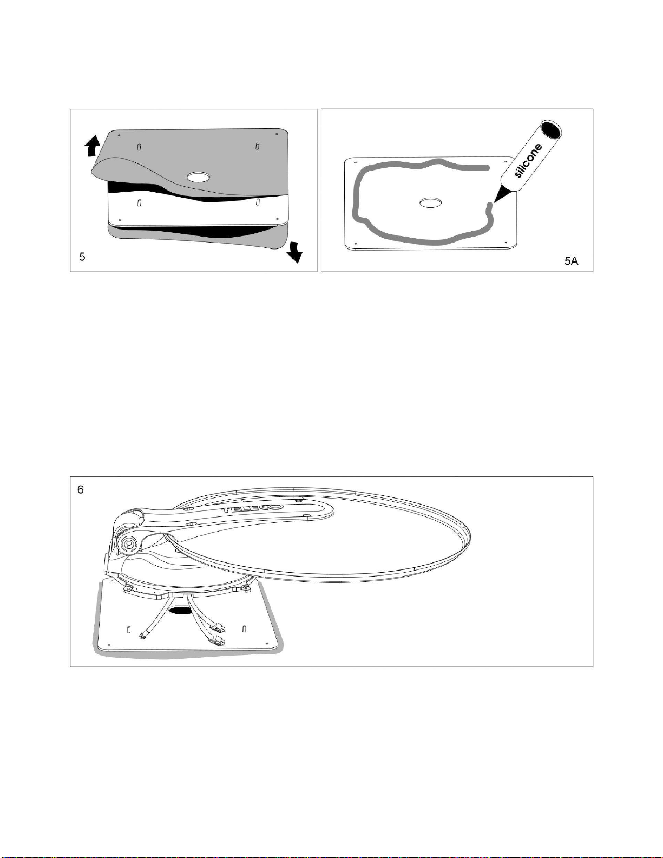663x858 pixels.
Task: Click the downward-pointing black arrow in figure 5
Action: tap(294, 252)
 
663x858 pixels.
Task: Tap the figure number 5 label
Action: tap(82, 257)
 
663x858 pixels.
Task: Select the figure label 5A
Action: tap(572, 261)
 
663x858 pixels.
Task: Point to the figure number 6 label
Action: tap(81, 489)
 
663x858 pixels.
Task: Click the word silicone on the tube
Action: tap(529, 161)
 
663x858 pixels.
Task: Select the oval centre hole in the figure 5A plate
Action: tap(430, 203)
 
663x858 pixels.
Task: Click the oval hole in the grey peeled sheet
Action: tap(199, 177)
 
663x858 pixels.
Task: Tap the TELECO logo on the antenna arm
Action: tap(253, 508)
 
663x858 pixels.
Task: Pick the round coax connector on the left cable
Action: tap(142, 636)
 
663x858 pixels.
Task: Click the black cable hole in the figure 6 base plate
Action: tap(180, 611)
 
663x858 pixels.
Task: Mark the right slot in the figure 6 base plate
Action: tap(244, 628)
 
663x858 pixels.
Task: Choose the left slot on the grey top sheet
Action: tap(139, 147)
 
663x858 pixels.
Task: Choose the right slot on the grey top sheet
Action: tap(257, 145)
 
